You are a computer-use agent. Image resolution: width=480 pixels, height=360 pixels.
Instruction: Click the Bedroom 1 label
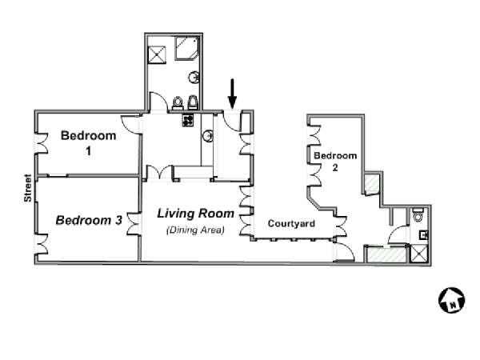pos(89,143)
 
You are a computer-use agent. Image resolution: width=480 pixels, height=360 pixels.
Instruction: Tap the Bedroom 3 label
pos(89,220)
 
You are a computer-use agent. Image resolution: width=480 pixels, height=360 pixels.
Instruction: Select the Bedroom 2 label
pos(335,162)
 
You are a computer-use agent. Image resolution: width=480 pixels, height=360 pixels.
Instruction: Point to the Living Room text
pos(196,214)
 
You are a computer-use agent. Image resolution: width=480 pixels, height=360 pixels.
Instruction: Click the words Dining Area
pos(195,230)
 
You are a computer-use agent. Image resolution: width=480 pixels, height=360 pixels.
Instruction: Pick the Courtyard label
pos(291,223)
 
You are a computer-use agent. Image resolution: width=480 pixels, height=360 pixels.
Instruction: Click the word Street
pos(28,188)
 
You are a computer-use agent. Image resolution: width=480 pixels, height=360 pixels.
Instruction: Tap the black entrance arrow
pos(232,94)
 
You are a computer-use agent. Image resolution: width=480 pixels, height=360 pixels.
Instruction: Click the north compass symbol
pos(451,300)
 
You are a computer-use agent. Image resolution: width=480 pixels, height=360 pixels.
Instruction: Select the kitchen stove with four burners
pos(188,120)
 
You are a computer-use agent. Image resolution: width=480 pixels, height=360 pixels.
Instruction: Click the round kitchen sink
pos(208,136)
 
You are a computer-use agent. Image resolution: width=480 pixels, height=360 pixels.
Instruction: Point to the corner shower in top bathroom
pos(186,48)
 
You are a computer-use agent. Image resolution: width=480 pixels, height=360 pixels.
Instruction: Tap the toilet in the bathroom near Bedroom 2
pos(418,215)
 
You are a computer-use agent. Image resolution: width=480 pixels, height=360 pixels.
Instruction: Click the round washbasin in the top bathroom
pos(194,77)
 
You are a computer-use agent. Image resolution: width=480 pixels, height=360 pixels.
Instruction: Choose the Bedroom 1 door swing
pos(130,124)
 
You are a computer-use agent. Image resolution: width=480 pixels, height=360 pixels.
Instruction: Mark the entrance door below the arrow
pos(231,122)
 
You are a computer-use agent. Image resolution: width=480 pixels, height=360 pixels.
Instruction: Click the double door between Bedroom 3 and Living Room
pos(134,224)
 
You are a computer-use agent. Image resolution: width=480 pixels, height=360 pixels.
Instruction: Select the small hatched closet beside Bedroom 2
pos(372,183)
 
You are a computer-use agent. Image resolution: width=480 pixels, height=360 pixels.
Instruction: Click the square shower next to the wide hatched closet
pos(418,254)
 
